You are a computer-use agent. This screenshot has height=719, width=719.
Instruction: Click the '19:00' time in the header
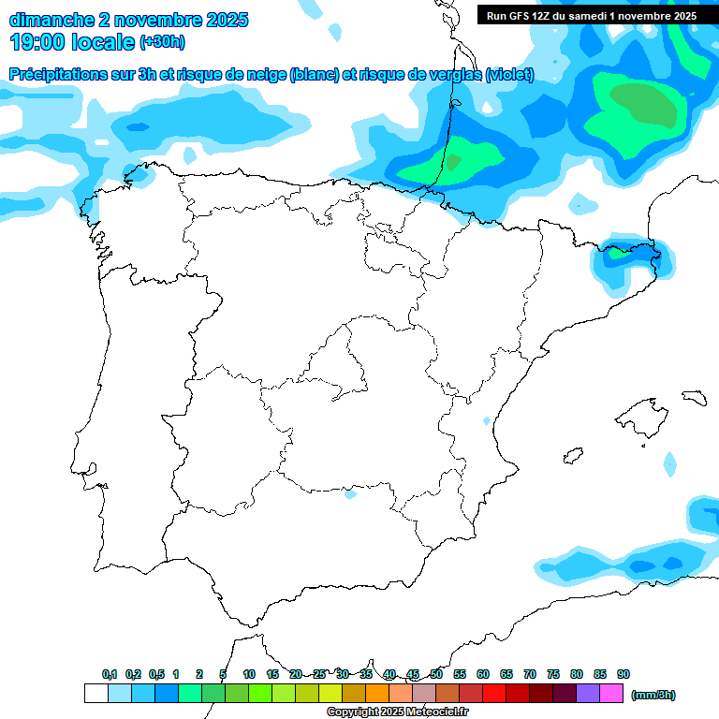click(x=37, y=42)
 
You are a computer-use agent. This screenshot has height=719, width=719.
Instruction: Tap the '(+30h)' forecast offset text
click(x=162, y=42)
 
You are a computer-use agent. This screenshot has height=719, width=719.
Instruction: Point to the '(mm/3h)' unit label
click(x=653, y=695)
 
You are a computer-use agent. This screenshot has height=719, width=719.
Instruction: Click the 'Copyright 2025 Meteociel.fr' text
click(x=397, y=712)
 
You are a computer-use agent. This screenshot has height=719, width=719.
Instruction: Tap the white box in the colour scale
click(x=95, y=694)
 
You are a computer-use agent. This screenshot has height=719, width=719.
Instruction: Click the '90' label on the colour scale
click(x=624, y=674)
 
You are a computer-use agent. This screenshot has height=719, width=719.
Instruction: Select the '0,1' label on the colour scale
click(x=109, y=674)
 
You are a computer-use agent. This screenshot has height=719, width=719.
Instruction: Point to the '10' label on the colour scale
click(x=249, y=674)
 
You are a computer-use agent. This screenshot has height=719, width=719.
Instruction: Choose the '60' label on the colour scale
click(x=483, y=674)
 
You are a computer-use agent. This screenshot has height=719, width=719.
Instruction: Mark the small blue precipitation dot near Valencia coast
click(x=486, y=420)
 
